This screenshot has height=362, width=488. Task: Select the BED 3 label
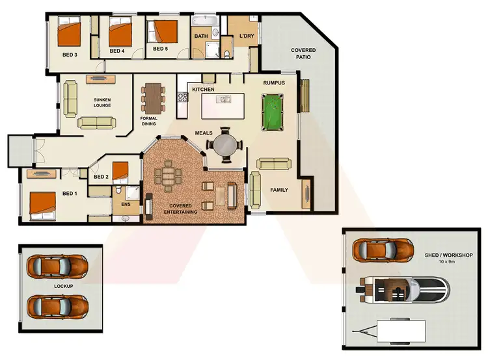click(x=70, y=55)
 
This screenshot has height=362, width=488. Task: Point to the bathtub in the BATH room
click(x=207, y=21)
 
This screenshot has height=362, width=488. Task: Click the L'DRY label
click(x=246, y=36)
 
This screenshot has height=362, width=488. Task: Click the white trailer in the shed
click(x=396, y=331)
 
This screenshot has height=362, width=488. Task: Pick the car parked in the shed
click(x=383, y=249)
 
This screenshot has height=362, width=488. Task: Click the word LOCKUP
click(x=63, y=286)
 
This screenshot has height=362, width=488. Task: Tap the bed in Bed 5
click(x=164, y=31)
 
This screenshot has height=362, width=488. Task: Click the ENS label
click(x=126, y=204)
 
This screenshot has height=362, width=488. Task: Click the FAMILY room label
click(x=279, y=190)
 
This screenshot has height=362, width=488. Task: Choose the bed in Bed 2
click(x=121, y=172)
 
